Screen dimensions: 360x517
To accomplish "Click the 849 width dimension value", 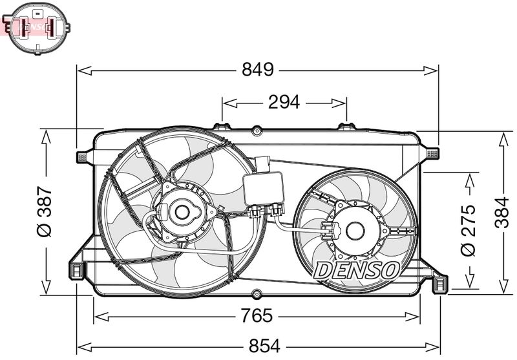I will (258, 70).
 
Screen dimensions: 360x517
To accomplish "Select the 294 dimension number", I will (284, 101).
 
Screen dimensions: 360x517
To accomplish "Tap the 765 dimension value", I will (258, 316).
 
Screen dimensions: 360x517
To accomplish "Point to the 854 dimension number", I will (264, 346).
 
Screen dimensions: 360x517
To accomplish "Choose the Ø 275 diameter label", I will (469, 229).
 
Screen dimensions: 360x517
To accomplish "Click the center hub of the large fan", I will (182, 211).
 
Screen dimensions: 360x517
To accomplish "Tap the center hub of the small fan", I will (354, 229).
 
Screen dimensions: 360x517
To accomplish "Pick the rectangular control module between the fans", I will (263, 188).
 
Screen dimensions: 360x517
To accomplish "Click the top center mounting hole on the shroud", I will (257, 131).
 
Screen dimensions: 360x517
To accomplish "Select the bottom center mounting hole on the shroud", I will (257, 294).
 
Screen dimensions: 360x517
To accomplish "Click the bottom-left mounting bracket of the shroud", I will (78, 270).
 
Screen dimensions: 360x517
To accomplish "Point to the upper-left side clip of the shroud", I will (83, 156).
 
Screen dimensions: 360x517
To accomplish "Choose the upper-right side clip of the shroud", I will (432, 153).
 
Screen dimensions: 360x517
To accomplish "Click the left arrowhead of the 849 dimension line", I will (81, 70).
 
